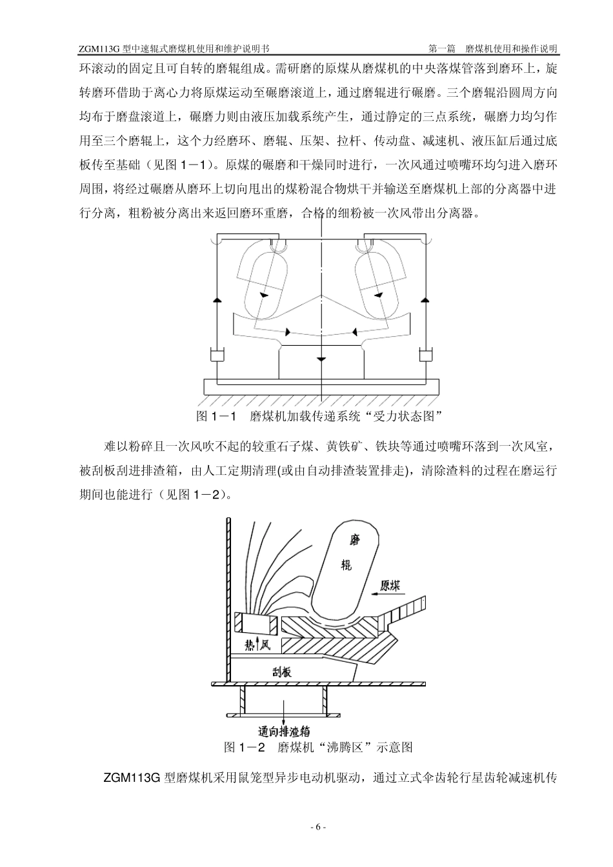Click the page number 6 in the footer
[x=318, y=828]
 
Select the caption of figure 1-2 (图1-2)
[x=318, y=747]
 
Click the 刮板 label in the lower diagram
[x=280, y=672]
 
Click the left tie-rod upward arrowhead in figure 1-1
[x=216, y=301]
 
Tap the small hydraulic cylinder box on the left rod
[x=216, y=355]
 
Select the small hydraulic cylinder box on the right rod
[x=426, y=355]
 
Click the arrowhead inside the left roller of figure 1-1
[x=263, y=294]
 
